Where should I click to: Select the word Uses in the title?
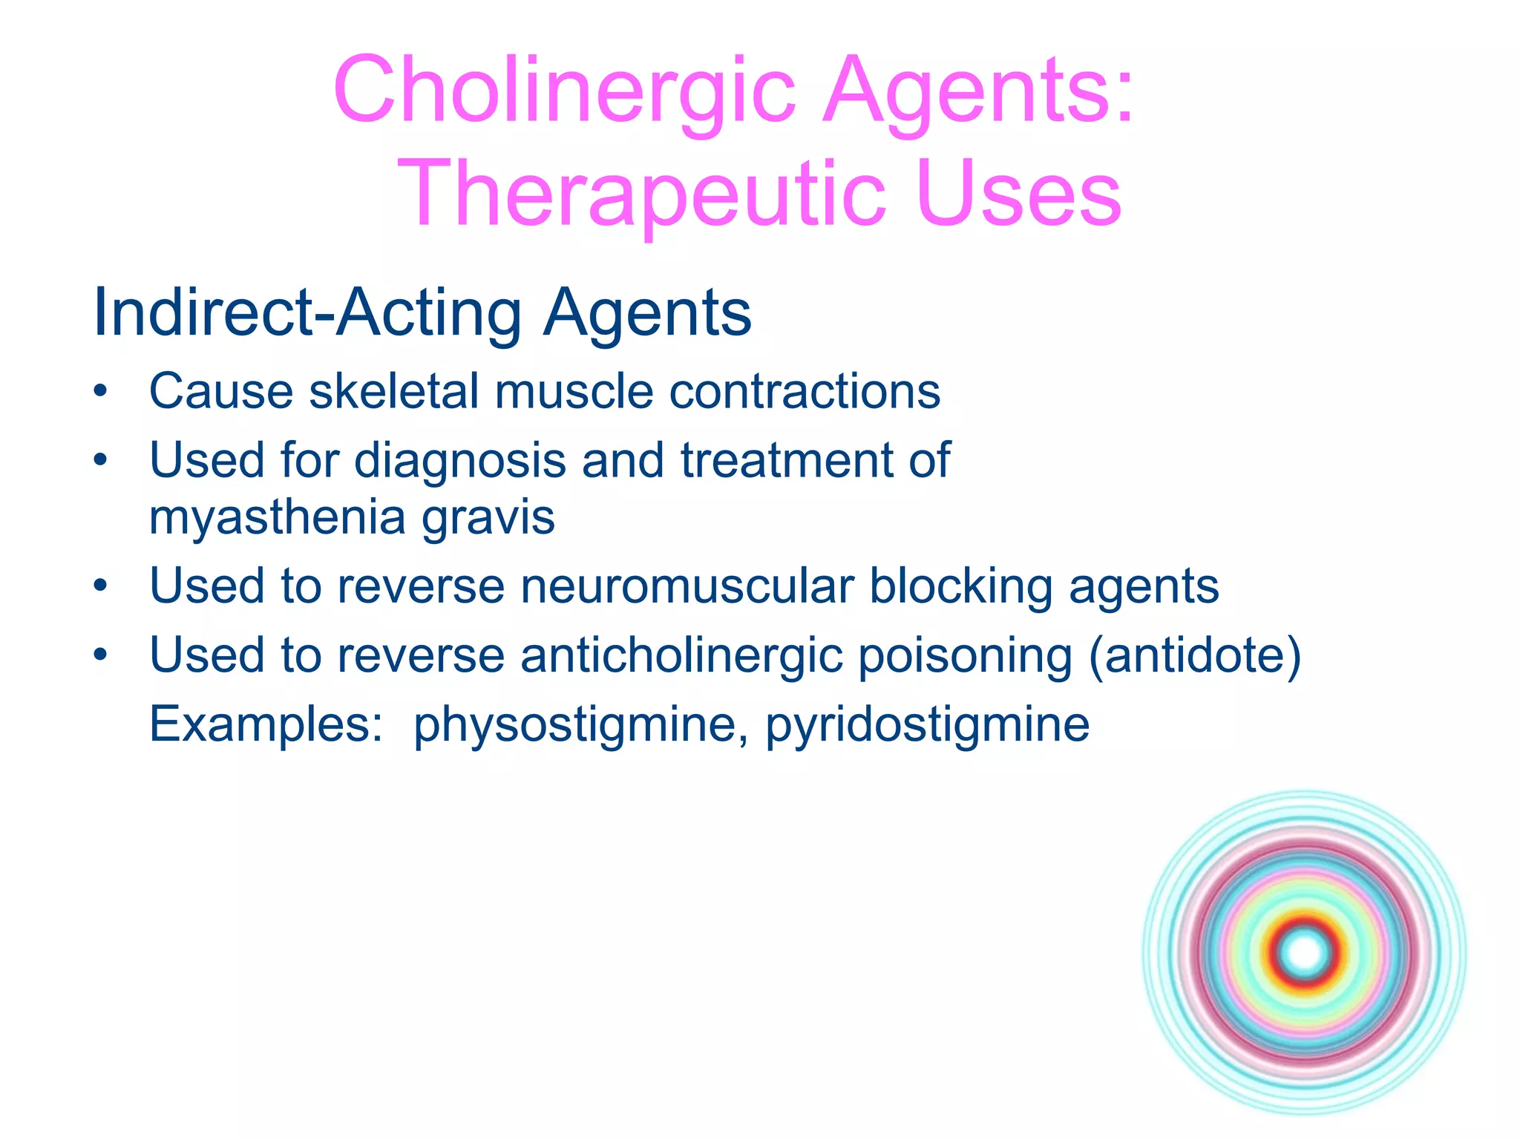(1018, 194)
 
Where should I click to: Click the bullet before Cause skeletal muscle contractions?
(101, 391)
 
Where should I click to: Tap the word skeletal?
(393, 391)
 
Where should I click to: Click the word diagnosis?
(460, 460)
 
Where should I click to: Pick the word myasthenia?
(277, 517)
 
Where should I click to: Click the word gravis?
(488, 517)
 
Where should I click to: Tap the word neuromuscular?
(687, 586)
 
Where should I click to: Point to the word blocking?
(960, 586)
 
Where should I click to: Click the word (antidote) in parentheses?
(1194, 655)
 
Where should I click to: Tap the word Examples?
(266, 725)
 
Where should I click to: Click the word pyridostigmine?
(927, 725)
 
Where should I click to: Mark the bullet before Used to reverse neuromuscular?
(101, 586)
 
